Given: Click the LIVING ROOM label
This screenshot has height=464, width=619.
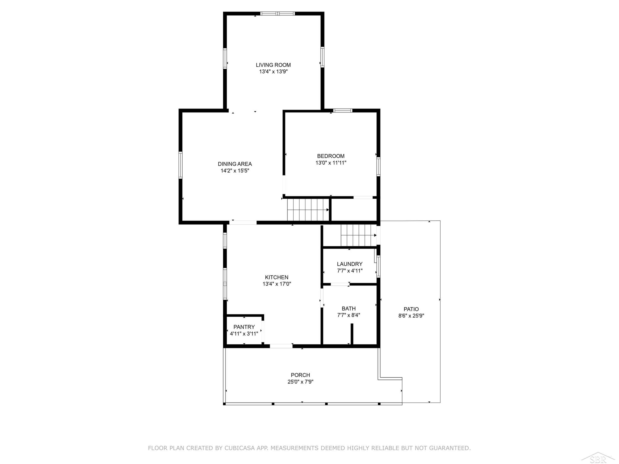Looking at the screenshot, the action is tap(273, 65).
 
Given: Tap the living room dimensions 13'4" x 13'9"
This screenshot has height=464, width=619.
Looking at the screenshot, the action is tap(273, 72).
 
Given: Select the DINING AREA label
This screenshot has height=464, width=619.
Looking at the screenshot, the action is tap(235, 164).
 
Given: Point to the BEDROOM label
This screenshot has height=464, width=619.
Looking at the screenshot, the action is tap(331, 156).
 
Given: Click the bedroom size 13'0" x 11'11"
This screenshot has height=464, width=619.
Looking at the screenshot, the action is tap(331, 163).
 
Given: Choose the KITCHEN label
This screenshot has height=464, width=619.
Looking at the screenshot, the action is tap(276, 277).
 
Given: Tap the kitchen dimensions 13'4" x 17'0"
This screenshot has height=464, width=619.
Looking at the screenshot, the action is tap(277, 284).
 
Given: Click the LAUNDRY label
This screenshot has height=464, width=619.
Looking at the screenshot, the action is tap(350, 264).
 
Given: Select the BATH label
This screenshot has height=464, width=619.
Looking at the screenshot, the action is tap(349, 309).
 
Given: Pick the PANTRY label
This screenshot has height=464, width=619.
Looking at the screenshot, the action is tap(244, 327).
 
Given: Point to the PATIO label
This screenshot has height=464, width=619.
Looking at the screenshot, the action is tap(411, 309).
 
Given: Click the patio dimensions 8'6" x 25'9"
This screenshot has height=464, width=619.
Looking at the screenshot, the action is tap(411, 316).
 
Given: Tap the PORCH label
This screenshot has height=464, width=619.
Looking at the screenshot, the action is tap(300, 375).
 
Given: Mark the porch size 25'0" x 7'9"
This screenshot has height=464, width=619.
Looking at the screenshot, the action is tap(300, 382).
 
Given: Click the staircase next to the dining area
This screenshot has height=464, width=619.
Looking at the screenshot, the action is tap(308, 210).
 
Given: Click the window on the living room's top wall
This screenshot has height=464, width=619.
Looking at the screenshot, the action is tap(277, 13).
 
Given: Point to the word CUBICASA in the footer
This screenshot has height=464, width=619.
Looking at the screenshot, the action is tap(240, 448).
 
